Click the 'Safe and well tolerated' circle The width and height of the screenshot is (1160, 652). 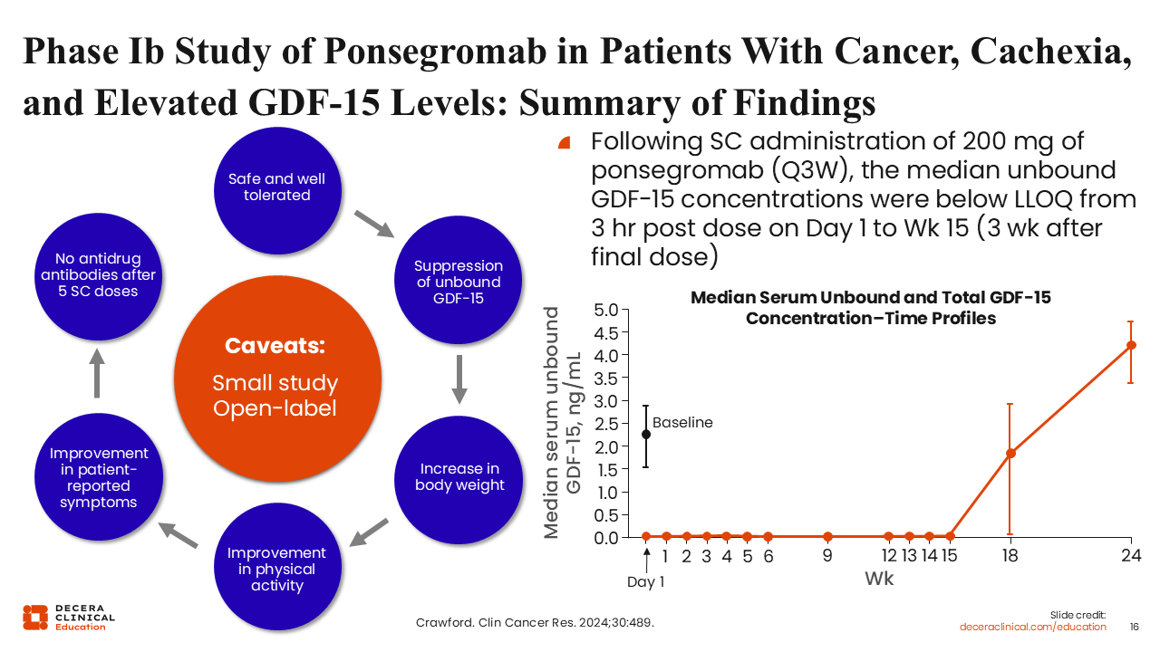click(x=276, y=187)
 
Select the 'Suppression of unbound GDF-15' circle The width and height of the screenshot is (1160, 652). click(x=459, y=282)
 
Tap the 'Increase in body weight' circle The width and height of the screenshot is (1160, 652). click(x=459, y=477)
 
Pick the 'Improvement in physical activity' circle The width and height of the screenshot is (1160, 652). click(x=276, y=569)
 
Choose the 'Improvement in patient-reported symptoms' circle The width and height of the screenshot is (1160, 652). click(x=99, y=477)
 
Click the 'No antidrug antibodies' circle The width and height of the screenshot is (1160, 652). click(x=99, y=275)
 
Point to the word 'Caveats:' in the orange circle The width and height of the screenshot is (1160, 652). click(x=275, y=346)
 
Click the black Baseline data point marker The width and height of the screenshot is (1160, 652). click(x=645, y=435)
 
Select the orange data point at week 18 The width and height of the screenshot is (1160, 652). click(x=1010, y=453)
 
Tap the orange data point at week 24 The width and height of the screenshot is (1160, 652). click(x=1131, y=345)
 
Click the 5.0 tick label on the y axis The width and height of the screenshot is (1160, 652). click(x=606, y=310)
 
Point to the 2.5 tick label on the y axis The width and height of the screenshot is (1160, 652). click(x=606, y=424)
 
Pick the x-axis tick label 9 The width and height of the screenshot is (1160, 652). click(x=827, y=557)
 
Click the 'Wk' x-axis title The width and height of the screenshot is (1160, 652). click(x=879, y=579)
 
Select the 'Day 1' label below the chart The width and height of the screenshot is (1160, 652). click(x=645, y=582)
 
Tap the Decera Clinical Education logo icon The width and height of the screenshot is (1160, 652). click(x=35, y=617)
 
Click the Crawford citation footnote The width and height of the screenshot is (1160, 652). click(x=534, y=624)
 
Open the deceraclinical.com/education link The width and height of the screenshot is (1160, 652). click(x=1033, y=627)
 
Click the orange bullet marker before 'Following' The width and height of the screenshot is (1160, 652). click(x=565, y=143)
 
